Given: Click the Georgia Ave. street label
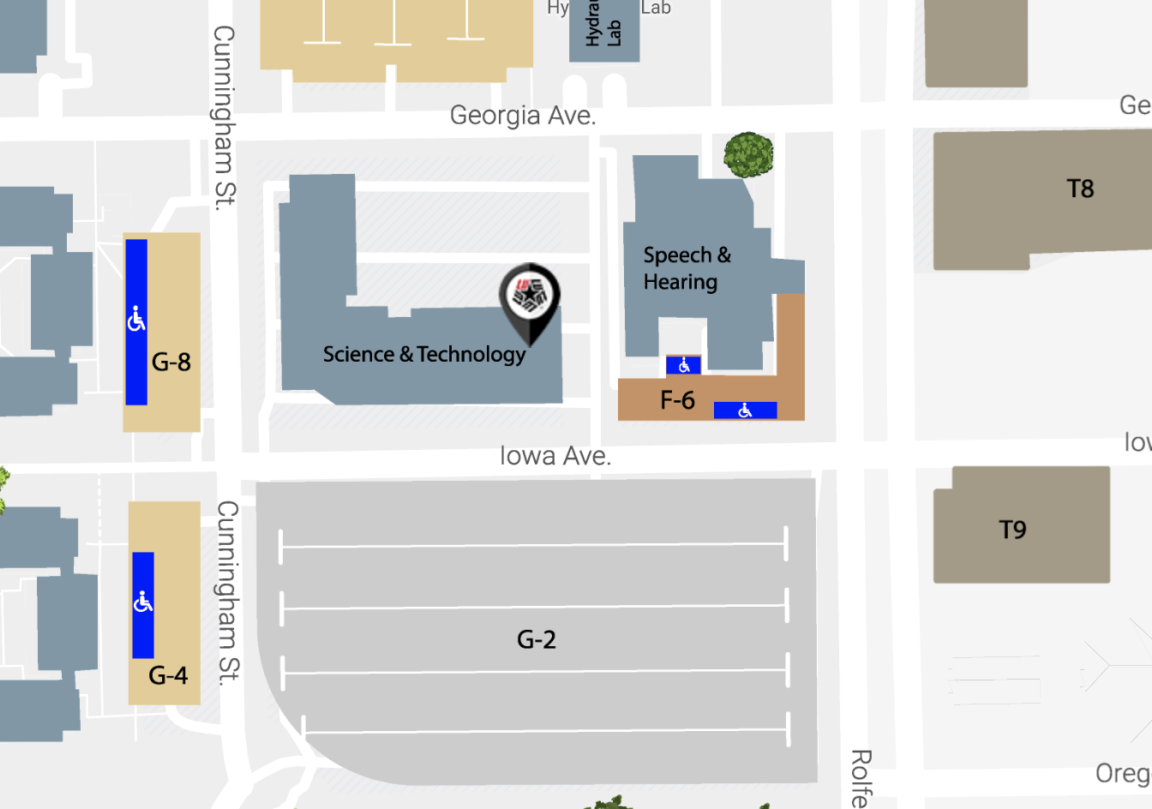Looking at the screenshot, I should coord(522,116).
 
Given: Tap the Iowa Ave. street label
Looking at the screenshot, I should coord(555,456).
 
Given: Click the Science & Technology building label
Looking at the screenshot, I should coord(424,354).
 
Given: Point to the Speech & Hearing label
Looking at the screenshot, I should coord(686,268).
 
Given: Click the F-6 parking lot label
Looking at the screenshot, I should coord(677,400).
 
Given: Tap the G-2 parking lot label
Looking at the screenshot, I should coord(537,639).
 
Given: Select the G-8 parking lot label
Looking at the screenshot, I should coord(171,362).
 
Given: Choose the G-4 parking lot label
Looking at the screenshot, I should coord(168,675).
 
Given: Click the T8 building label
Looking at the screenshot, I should coord(1080,189).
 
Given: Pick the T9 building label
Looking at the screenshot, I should coord(1012,530).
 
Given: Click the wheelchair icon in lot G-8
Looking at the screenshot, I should coord(136,320).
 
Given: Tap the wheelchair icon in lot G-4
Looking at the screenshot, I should coord(143,602).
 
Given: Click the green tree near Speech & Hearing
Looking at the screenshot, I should coord(748,155).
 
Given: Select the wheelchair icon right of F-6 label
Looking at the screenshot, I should coord(745,410).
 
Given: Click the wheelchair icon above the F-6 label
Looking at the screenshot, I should coord(684,366).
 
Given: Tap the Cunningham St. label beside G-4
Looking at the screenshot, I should coord(227,593).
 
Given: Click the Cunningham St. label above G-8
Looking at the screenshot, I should coord(224,117).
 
